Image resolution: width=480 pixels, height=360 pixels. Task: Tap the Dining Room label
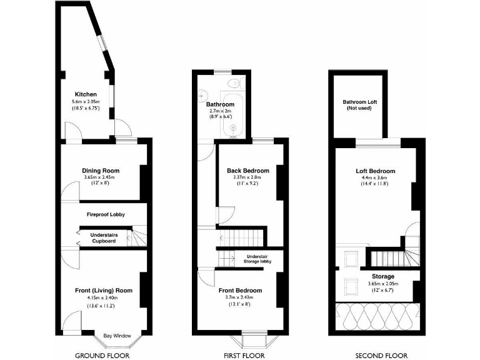(101, 170)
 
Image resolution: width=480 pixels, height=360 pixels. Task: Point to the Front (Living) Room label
(104, 290)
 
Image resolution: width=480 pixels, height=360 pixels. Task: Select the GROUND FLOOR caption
(102, 356)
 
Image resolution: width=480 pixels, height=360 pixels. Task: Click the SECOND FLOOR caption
(377, 356)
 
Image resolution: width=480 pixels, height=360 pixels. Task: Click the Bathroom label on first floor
(220, 104)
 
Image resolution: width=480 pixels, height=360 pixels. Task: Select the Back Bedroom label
(247, 171)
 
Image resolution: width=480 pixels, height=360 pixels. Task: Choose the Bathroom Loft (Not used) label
(359, 105)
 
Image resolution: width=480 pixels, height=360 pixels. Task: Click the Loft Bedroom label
(376, 171)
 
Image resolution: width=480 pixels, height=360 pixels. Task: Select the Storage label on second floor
(383, 276)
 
